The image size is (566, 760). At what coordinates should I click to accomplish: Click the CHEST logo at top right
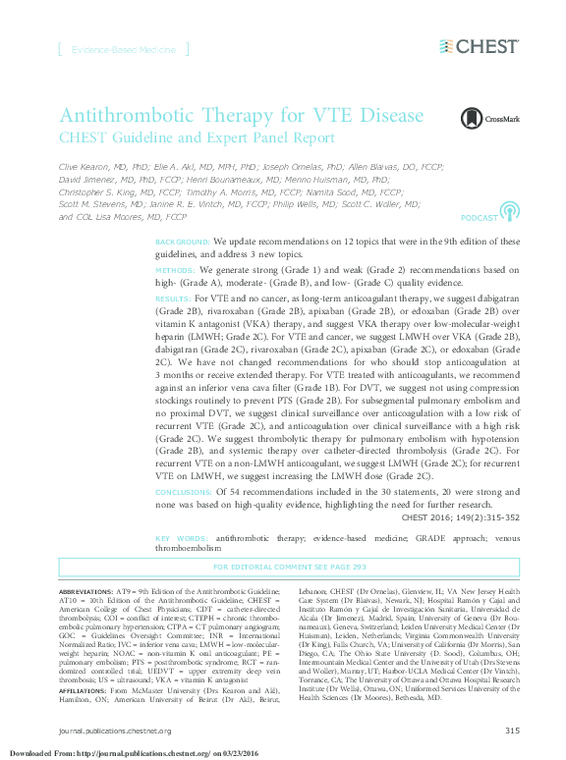[479, 46]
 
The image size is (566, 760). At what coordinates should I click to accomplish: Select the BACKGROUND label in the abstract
[182, 241]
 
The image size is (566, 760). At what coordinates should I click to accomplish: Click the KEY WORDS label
[181, 539]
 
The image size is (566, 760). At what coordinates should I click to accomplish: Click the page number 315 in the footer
[511, 731]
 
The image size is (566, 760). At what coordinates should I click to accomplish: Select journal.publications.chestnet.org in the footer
[115, 731]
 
